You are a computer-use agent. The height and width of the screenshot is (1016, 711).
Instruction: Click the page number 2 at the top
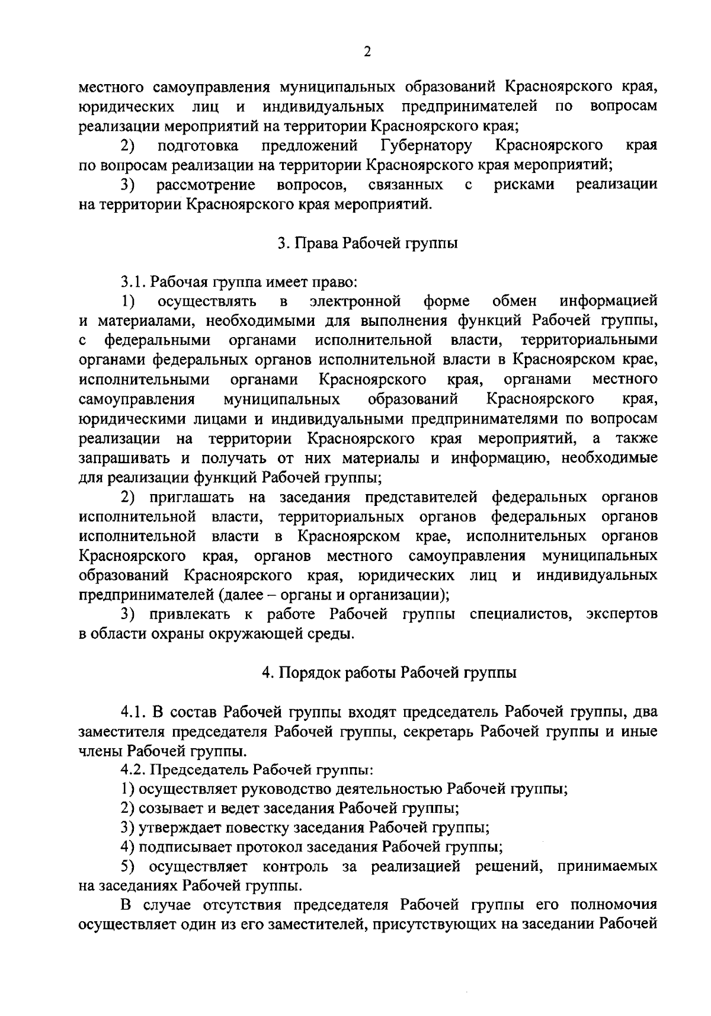(367, 52)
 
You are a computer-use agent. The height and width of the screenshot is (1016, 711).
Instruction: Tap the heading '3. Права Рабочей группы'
(368, 243)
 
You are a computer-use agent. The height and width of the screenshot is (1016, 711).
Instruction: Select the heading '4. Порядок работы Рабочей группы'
(389, 672)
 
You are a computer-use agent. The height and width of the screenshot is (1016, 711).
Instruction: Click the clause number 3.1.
(134, 282)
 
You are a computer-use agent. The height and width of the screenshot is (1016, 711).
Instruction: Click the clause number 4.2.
(134, 770)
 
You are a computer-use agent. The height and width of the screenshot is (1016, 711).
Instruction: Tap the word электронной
(355, 302)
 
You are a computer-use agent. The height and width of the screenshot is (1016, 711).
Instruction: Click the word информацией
(608, 302)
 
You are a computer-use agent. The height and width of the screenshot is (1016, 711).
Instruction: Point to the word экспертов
(622, 614)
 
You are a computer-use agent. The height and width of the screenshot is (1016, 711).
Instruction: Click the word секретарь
(438, 731)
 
